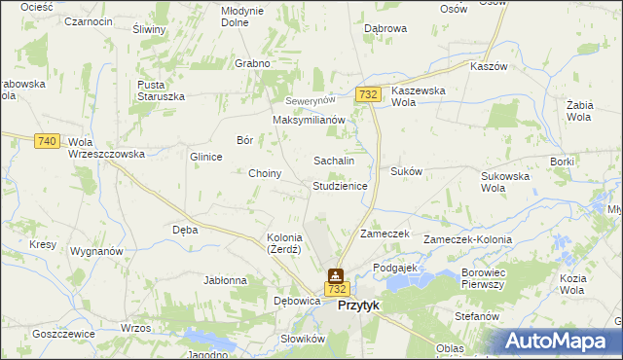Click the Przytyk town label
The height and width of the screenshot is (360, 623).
pyautogui.click(x=358, y=306)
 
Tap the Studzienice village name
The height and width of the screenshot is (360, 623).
pyautogui.click(x=340, y=185)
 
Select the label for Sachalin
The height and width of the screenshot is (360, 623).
pyautogui.click(x=333, y=161)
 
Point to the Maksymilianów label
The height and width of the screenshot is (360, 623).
pyautogui.click(x=309, y=120)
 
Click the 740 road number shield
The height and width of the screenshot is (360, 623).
pyautogui.click(x=46, y=141)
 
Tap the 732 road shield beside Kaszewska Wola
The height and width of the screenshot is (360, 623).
pyautogui.click(x=368, y=94)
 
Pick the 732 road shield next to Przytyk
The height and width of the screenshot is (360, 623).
pyautogui.click(x=337, y=290)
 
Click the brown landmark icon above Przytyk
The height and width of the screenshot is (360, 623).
pyautogui.click(x=336, y=275)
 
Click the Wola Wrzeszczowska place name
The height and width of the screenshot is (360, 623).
pyautogui.click(x=106, y=148)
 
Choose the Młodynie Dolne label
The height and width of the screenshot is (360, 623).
pyautogui.click(x=242, y=16)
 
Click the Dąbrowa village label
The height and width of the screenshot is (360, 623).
pyautogui.click(x=385, y=29)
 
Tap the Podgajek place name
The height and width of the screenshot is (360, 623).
pyautogui.click(x=394, y=267)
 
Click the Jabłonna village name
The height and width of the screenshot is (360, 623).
pyautogui.click(x=225, y=280)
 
